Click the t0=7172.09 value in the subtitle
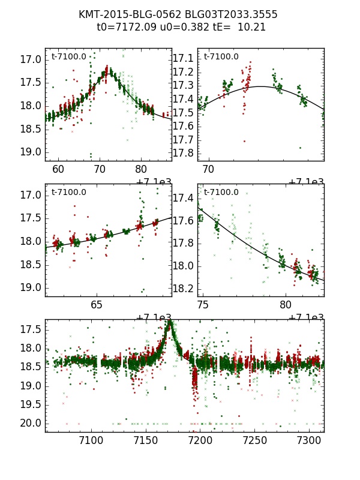tap(123, 27)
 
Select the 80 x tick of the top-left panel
tap(140, 169)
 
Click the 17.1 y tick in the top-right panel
tap(184, 58)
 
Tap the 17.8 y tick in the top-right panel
tap(184, 152)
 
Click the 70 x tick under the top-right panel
tap(209, 169)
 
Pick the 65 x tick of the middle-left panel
tap(97, 305)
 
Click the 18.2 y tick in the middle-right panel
tap(184, 289)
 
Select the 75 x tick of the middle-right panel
tap(203, 305)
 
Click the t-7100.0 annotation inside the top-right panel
tap(221, 57)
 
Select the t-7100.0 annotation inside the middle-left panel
tap(69, 193)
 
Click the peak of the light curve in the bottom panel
tap(170, 323)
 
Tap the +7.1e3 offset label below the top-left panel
tap(154, 182)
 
